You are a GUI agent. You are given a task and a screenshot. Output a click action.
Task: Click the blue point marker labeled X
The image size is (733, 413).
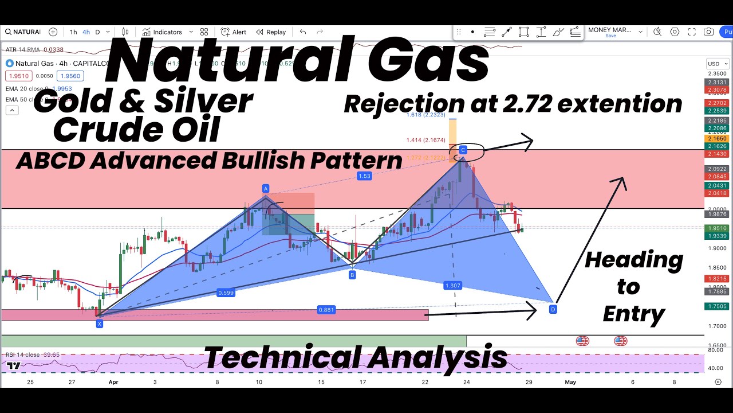100,324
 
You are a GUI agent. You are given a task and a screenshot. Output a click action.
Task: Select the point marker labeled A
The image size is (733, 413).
266,189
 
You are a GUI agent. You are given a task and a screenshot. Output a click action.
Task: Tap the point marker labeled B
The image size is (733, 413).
352,275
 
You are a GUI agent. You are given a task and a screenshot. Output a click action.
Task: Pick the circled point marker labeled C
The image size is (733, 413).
463,150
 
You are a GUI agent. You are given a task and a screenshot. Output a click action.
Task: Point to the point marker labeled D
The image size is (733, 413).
553,310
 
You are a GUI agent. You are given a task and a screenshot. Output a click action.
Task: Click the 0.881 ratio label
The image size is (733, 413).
326,310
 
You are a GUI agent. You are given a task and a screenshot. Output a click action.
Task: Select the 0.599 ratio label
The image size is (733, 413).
226,293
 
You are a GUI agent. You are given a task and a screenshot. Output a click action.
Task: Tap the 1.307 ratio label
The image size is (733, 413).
452,285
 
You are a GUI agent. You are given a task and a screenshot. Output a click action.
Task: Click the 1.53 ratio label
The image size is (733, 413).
365,176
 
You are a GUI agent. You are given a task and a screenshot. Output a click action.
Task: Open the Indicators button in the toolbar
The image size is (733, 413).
163,32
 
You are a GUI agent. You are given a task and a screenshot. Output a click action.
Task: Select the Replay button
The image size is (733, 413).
271,32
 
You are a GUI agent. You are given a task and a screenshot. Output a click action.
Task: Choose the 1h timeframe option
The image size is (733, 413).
73,32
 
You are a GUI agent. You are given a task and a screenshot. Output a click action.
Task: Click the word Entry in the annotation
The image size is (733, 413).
633,314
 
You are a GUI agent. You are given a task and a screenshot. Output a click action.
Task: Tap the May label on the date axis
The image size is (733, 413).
570,382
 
